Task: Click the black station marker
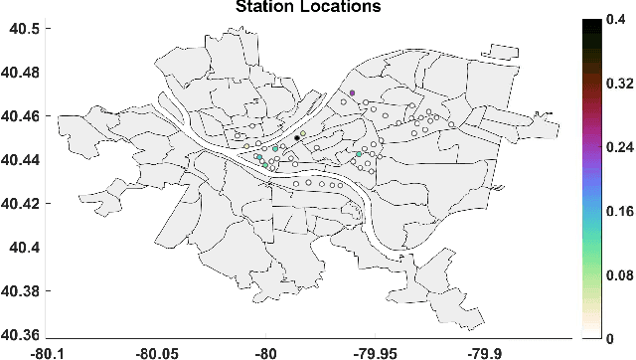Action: [297, 138]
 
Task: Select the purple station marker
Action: [353, 92]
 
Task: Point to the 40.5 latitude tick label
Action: [25, 29]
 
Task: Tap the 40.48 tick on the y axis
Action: [21, 73]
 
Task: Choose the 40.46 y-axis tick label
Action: [21, 116]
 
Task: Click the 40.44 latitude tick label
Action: [21, 160]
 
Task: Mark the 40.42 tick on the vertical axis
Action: [21, 204]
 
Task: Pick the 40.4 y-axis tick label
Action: [25, 248]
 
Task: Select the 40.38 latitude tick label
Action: [21, 291]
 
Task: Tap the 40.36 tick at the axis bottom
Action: [21, 335]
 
